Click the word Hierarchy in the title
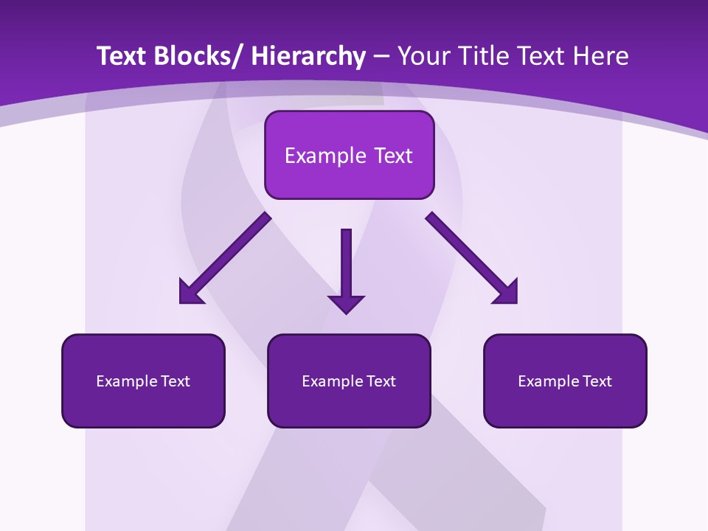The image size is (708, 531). pos(308,57)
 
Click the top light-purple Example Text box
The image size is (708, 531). pos(349,155)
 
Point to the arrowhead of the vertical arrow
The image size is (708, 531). pos(346,303)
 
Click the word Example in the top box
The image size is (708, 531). pos(325,156)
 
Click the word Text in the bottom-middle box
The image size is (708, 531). pos(381,381)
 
